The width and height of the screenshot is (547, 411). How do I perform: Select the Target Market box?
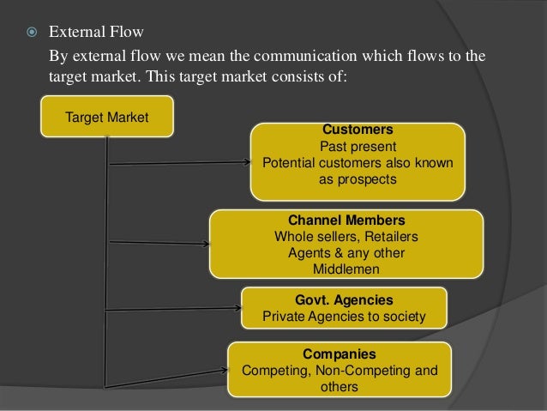tap(106, 117)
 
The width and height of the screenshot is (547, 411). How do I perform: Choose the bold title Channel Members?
tap(346, 220)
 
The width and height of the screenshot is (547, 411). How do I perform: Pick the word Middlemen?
tap(346, 269)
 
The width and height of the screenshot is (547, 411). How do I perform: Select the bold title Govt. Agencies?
tap(344, 300)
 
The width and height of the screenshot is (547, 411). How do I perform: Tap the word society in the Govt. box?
tap(402, 317)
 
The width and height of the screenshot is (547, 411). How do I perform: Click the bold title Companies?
tap(339, 354)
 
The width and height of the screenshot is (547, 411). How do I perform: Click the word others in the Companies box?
tap(339, 387)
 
